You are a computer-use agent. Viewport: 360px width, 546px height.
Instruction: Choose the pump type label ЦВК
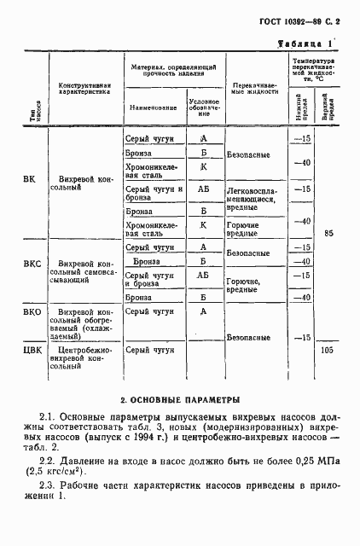32,349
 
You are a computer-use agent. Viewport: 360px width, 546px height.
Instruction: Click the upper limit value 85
330,231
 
